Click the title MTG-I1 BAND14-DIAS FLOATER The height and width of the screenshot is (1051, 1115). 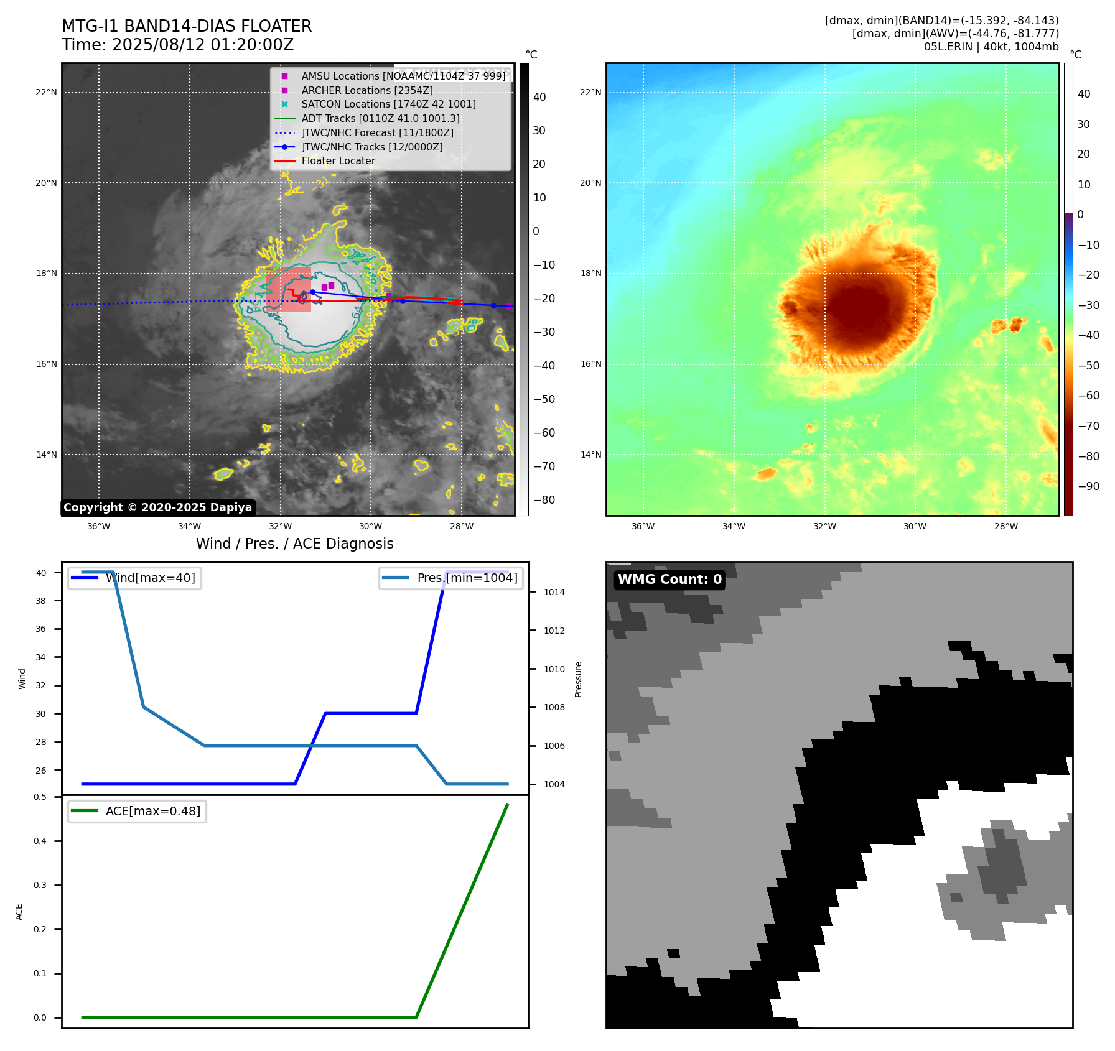pos(187,26)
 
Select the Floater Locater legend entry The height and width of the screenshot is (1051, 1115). pos(338,161)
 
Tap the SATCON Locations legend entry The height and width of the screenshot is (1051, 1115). pos(388,104)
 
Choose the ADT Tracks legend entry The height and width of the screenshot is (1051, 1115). pos(380,118)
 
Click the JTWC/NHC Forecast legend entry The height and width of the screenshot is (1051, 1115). pos(377,132)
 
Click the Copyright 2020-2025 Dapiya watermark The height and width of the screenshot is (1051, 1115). pos(157,507)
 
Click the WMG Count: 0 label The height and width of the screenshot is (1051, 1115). pos(669,580)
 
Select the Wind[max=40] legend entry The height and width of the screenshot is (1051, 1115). pos(150,578)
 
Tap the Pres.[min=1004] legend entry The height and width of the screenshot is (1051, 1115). pos(467,578)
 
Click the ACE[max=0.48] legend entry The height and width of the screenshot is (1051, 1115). pos(152,811)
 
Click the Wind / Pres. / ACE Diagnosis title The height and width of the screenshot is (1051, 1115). pos(295,544)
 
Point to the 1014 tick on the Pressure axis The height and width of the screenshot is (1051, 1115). pos(554,592)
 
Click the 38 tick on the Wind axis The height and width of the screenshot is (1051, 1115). pos(41,601)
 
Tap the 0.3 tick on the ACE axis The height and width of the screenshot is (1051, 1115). pos(40,885)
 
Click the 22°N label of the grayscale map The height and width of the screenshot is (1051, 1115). pos(46,93)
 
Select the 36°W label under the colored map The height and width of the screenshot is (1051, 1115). pos(643,526)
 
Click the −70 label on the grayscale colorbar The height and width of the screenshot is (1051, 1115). pos(544,466)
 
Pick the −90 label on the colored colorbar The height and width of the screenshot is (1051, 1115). pos(1088,486)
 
